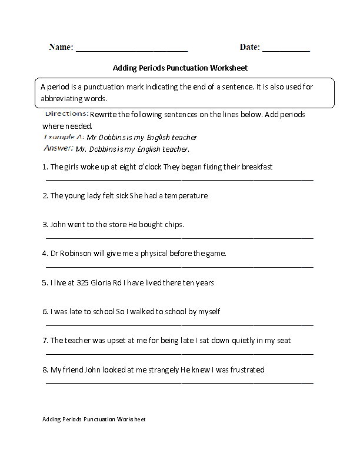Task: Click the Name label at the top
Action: pyautogui.click(x=61, y=47)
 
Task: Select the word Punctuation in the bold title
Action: pyautogui.click(x=188, y=68)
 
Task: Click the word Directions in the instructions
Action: pyautogui.click(x=66, y=114)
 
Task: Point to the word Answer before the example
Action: pyautogui.click(x=58, y=148)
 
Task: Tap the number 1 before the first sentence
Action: pyautogui.click(x=45, y=167)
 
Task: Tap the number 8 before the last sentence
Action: pyautogui.click(x=45, y=370)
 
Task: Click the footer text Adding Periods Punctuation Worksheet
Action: pyautogui.click(x=94, y=420)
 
